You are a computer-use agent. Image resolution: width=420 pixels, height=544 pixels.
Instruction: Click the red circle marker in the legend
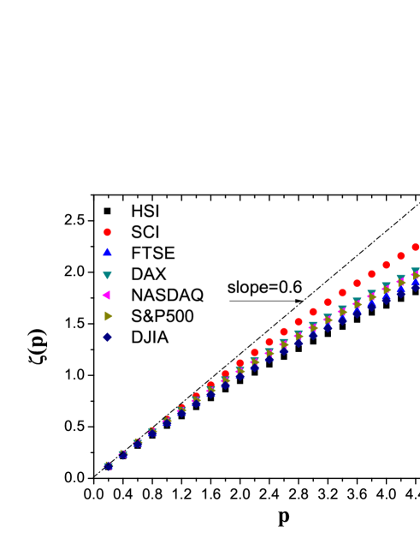[107, 232]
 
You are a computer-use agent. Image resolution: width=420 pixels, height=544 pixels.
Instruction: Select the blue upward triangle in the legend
[107, 253]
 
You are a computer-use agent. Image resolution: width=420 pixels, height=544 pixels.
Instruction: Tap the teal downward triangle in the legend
[107, 275]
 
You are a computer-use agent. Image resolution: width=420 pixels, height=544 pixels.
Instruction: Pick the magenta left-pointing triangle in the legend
[106, 295]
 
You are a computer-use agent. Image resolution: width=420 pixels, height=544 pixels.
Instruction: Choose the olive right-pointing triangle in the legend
[108, 316]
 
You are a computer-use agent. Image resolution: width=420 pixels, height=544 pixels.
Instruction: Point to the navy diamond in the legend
[107, 338]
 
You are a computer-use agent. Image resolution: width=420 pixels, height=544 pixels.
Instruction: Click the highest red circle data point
[415, 247]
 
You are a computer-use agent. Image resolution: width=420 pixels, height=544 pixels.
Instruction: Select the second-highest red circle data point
[400, 256]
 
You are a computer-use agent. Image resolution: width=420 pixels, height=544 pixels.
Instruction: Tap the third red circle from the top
[386, 265]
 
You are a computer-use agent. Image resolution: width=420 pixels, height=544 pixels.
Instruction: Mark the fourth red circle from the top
[371, 274]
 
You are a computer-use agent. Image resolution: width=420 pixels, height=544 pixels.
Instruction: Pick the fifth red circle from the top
[357, 284]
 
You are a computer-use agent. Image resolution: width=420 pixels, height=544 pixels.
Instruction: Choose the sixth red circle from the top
[342, 293]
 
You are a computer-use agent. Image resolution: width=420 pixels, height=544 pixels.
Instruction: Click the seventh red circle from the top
[328, 302]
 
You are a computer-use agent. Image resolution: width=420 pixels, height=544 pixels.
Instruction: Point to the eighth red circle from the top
[313, 312]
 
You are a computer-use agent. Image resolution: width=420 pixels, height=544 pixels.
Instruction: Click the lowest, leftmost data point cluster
[109, 465]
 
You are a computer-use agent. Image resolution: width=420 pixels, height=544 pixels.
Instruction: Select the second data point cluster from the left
[123, 454]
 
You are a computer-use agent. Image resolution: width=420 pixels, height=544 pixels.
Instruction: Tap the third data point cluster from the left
[138, 443]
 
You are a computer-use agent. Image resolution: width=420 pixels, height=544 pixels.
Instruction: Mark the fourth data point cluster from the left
[152, 432]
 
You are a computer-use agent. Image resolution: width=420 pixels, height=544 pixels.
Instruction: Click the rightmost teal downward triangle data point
[415, 272]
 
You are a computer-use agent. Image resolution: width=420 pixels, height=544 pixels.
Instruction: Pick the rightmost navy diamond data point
[415, 285]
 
